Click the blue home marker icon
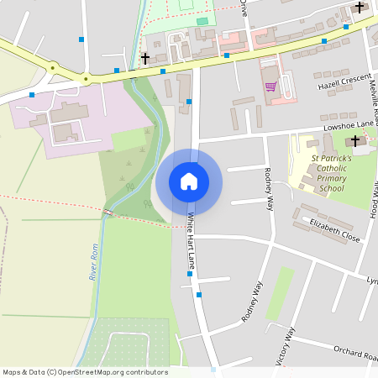[189, 181]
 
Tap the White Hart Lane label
[192, 241]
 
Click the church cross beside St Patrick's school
[355, 140]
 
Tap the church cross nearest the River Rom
[145, 58]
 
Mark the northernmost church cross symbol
[360, 8]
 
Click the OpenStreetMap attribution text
[84, 372]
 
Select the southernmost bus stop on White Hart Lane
[199, 295]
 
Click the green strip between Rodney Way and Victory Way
[281, 293]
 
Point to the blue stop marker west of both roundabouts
[31, 95]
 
